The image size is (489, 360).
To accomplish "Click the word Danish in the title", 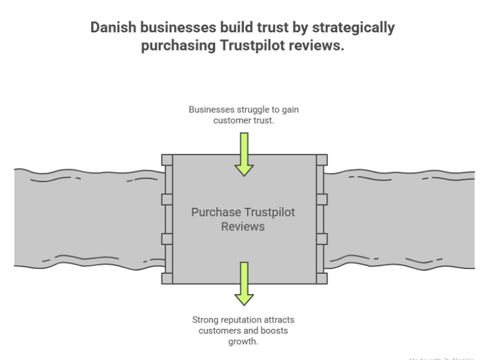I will click(111, 28).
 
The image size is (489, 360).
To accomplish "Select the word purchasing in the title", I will click(177, 46).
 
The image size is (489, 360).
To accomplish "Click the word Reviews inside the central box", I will click(244, 226).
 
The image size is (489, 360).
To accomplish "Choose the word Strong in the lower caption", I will click(205, 320).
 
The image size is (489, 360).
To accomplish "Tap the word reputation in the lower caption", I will click(241, 320).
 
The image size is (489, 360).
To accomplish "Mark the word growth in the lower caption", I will click(244, 341).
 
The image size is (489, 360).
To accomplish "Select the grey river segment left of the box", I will click(86, 217).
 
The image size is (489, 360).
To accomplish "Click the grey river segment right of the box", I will click(400, 217).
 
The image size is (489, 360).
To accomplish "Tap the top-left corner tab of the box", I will click(167, 160).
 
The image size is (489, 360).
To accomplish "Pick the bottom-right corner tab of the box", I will click(321, 279).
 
